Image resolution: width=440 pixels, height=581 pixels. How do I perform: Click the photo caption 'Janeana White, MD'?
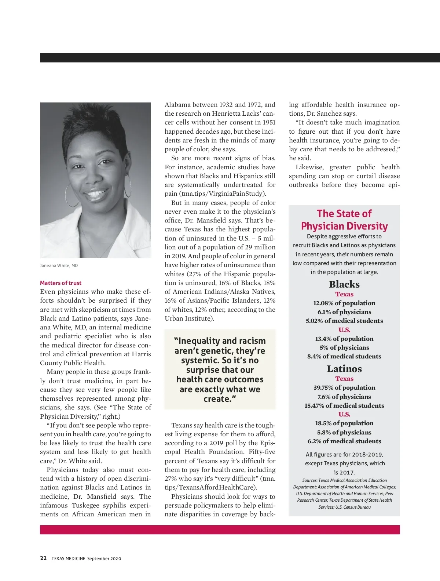pyautogui.click(x=59, y=266)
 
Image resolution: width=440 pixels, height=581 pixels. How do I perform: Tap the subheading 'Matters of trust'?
pyautogui.click(x=60, y=283)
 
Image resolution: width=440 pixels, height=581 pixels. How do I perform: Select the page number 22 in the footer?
pyautogui.click(x=43, y=558)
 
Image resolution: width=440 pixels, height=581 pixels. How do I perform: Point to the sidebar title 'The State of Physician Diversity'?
pyautogui.click(x=344, y=220)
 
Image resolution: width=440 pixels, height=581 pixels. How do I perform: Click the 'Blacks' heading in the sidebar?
pyautogui.click(x=344, y=284)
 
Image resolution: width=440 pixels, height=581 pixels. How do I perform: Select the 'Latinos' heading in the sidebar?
pyautogui.click(x=344, y=369)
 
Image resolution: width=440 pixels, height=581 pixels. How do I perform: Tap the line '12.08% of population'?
pyautogui.click(x=344, y=303)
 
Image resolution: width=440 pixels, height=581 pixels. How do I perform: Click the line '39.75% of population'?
pyautogui.click(x=344, y=387)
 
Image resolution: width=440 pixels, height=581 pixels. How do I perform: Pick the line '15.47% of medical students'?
pyautogui.click(x=344, y=405)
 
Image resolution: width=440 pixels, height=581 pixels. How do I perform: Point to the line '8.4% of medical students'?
pyautogui.click(x=344, y=356)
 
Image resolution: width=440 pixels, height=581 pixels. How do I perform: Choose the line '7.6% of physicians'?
pyautogui.click(x=344, y=397)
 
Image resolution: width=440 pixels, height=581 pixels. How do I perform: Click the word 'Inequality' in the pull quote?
pyautogui.click(x=199, y=341)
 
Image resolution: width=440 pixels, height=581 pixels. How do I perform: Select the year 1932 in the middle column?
pyautogui.click(x=226, y=105)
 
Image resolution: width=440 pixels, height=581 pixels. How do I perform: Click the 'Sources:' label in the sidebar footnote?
pyautogui.click(x=310, y=480)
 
